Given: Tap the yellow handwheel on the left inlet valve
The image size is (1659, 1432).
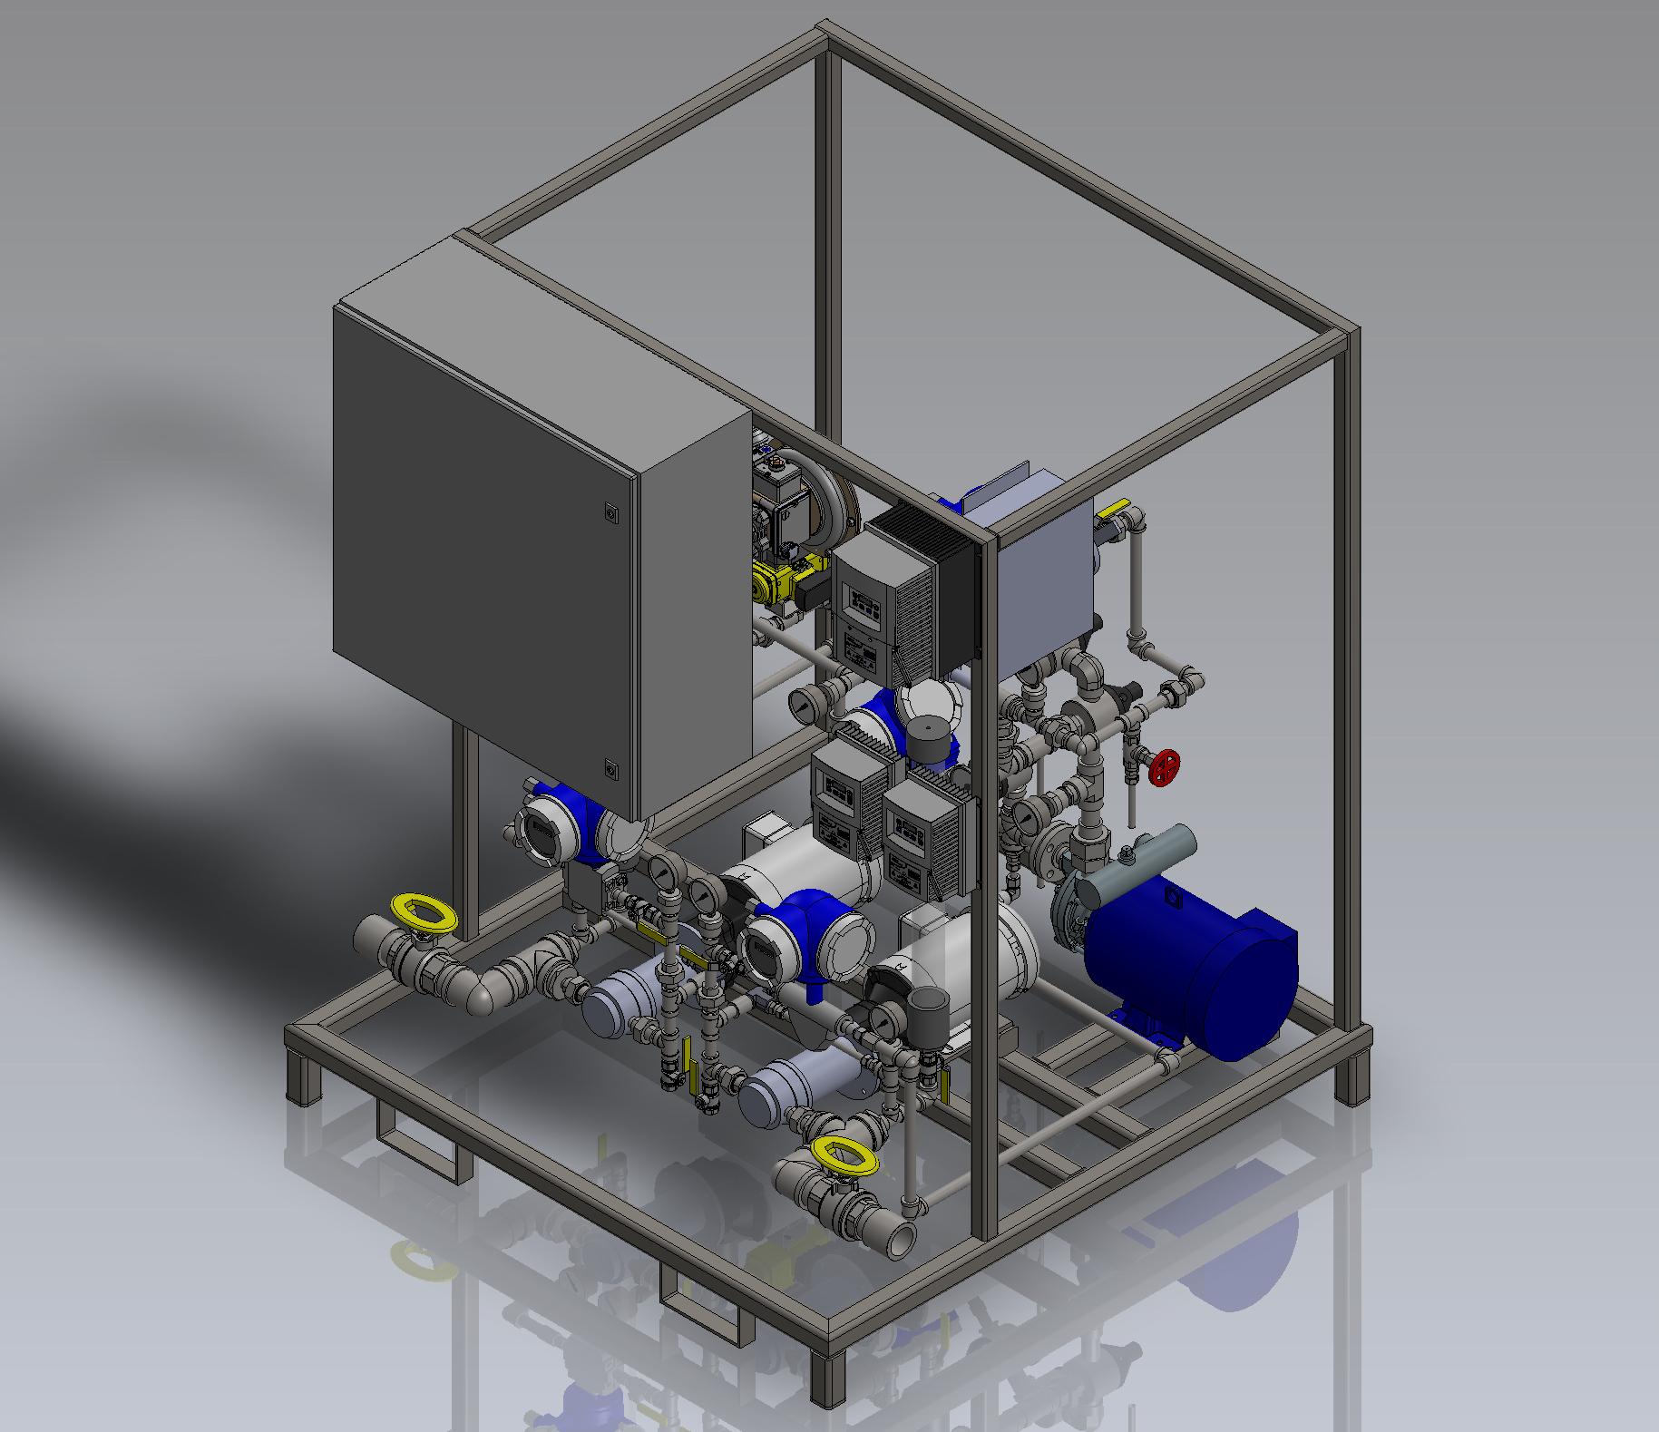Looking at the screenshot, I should click(x=422, y=911).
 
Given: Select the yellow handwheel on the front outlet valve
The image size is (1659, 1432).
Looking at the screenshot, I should click(x=844, y=1157).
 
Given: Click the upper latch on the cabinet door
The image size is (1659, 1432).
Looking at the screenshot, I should click(x=610, y=514).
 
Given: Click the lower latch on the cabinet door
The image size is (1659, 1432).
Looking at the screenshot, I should click(x=610, y=769).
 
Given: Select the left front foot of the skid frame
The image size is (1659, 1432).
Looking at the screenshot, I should click(x=304, y=1079).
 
